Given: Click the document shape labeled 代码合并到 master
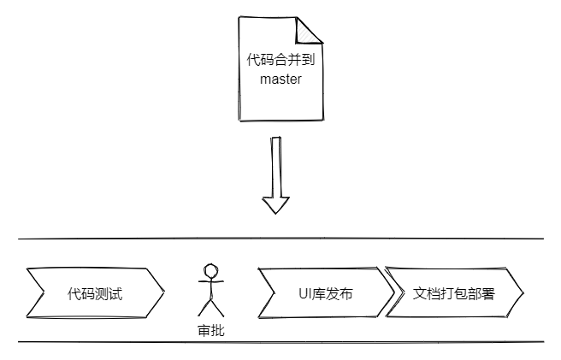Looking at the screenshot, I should (280, 94).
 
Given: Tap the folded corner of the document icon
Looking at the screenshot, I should (310, 30).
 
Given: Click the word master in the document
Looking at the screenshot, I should (280, 80).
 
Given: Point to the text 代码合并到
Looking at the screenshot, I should (280, 62).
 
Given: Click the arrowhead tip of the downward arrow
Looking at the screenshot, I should (275, 212).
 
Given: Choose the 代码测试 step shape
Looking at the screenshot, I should (96, 293).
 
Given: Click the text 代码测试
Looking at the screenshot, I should (96, 294).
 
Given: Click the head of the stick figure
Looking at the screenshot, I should (210, 269).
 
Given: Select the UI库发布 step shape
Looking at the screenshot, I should (326, 293).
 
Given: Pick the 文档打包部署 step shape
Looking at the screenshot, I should (453, 293).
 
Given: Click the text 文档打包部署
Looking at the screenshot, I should (453, 293).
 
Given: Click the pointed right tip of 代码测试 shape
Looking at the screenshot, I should (163, 293).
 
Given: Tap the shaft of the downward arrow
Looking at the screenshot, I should (275, 167).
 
